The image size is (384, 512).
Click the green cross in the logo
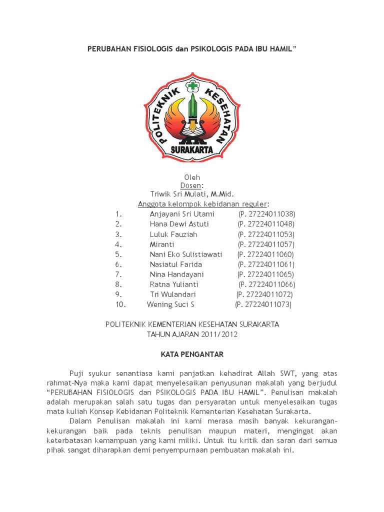pos(193,86)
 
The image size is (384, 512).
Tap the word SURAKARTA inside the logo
pos(192,149)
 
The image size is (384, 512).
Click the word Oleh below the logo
pos(192,177)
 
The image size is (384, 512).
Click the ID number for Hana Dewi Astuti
pos(266,224)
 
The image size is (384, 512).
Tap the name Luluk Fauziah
pos(173,234)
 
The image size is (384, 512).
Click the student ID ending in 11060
pos(266,254)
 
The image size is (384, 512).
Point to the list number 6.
pos(118,264)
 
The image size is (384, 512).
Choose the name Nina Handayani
pos(176,274)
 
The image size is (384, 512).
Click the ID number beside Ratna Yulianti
pos(267,284)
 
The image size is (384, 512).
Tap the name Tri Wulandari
pos(173,294)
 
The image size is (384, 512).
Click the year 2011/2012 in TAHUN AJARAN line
pos(219,334)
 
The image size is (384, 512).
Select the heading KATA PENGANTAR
pos(192,354)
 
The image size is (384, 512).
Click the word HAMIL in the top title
pos(281,49)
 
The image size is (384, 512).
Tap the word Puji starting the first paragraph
pos(77,372)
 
